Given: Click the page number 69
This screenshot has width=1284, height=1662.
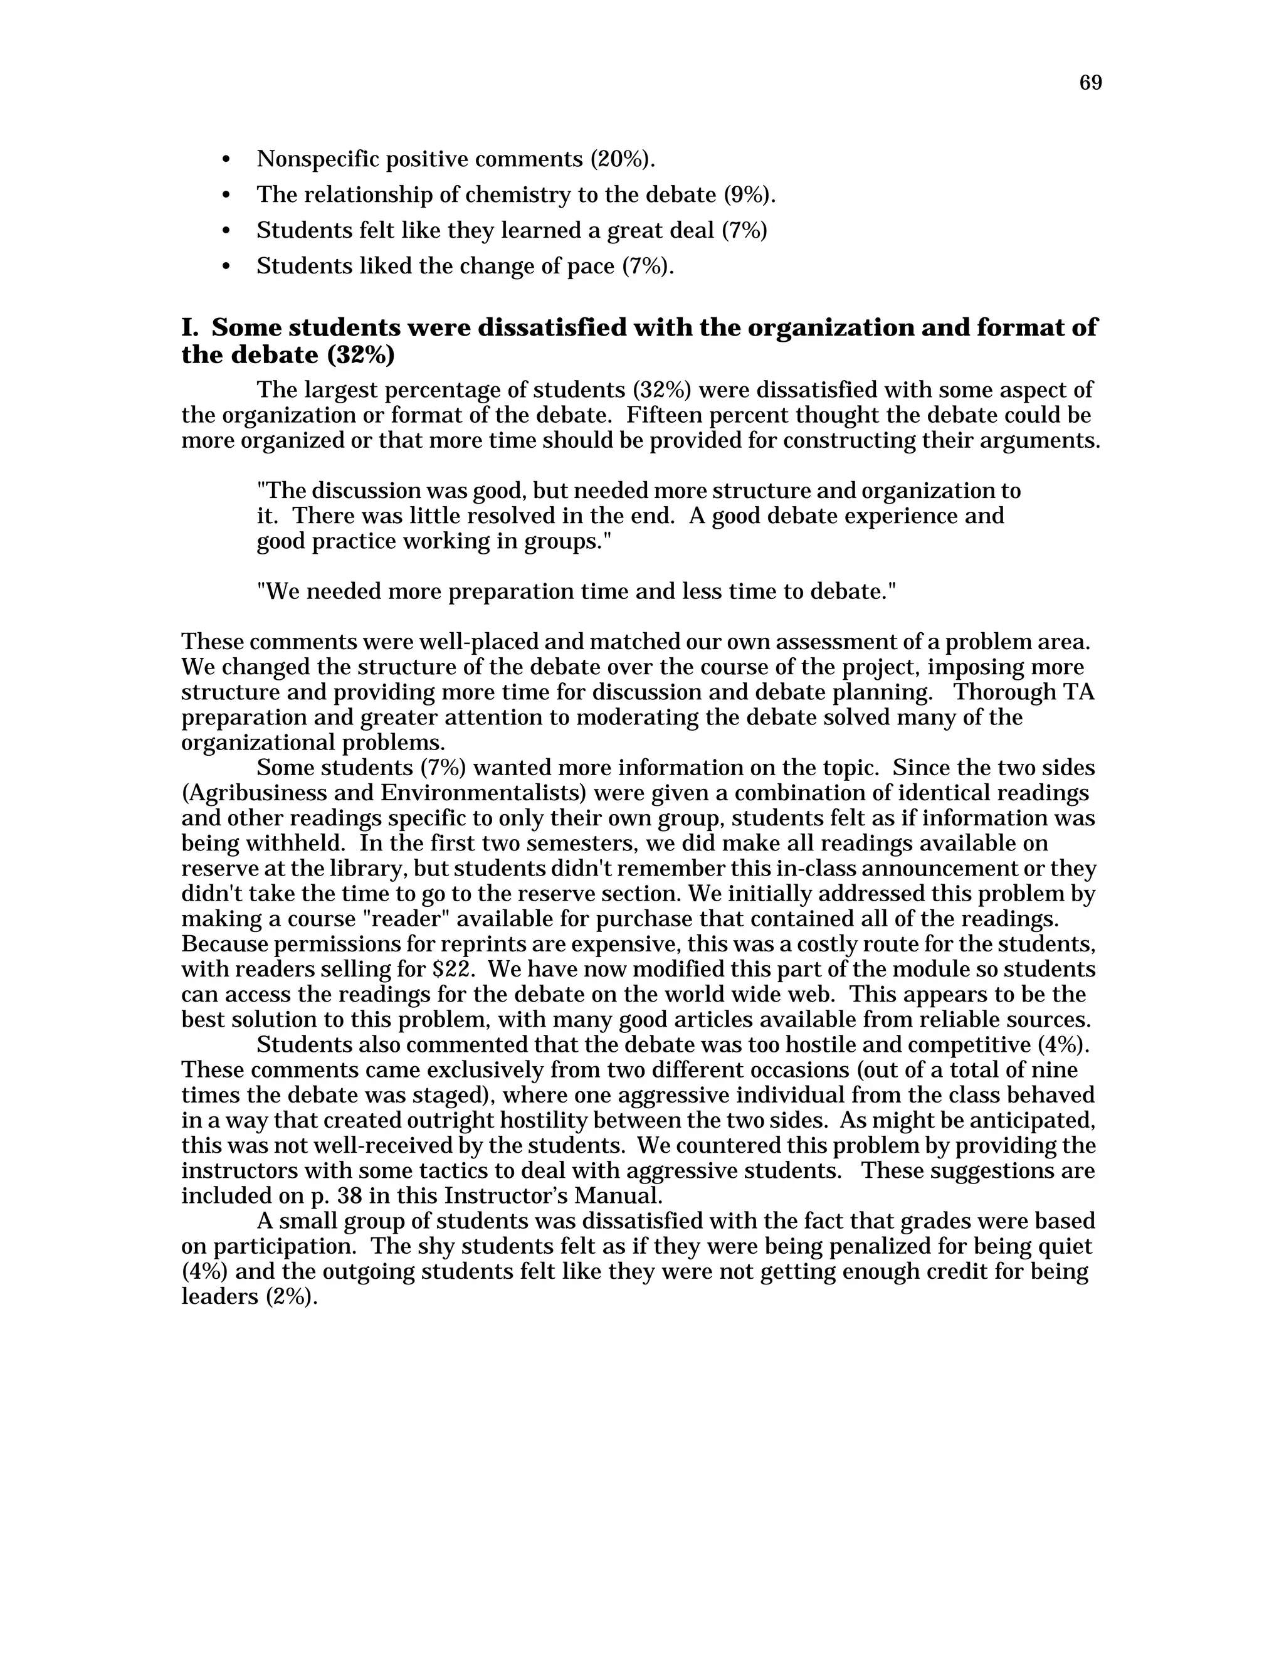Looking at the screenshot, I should [x=1090, y=83].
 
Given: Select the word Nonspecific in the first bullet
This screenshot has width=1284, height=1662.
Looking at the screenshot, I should [x=318, y=159].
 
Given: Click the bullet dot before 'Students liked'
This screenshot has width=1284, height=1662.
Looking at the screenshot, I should [x=225, y=267].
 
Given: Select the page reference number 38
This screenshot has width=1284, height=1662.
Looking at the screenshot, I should [x=349, y=1195].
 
